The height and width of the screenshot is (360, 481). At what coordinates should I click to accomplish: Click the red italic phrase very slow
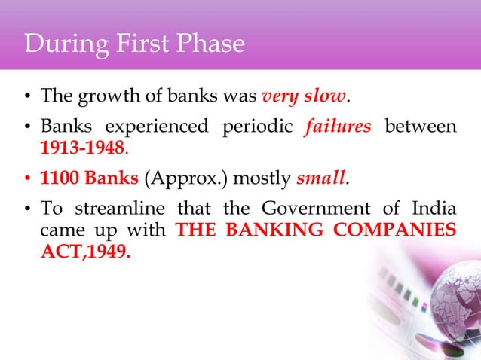(x=304, y=96)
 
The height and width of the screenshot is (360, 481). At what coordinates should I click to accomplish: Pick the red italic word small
(x=321, y=179)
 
